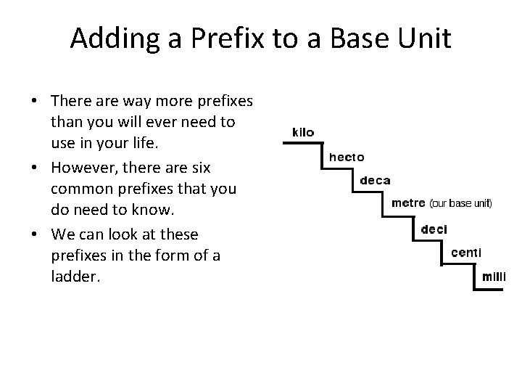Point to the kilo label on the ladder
tap(303, 133)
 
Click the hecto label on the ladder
tap(347, 157)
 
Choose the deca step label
tap(375, 181)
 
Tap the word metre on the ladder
tap(407, 203)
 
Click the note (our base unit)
tap(460, 204)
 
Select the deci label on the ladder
tap(434, 229)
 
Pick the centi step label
tap(465, 253)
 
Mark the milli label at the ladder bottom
tap(494, 277)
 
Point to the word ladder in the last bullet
tap(73, 279)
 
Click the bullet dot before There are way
tap(35, 100)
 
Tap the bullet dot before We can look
tap(35, 235)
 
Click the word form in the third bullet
tap(183, 257)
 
